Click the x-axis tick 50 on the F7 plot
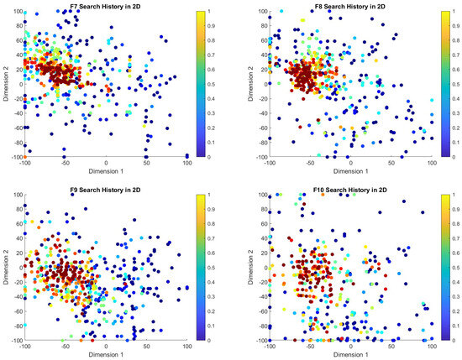tap(146, 163)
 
